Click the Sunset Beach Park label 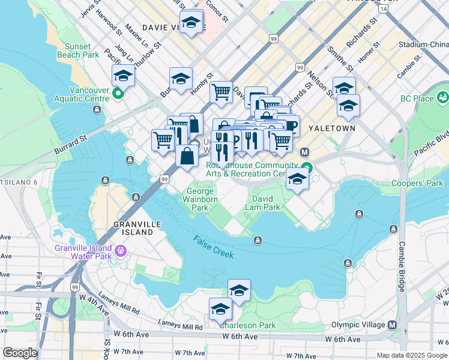(74, 50)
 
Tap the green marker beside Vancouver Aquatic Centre (118, 93)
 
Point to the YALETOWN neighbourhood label (332, 128)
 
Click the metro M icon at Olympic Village (393, 325)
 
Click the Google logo (20, 352)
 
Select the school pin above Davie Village (191, 24)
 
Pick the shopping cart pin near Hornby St (221, 92)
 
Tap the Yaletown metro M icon (304, 152)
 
